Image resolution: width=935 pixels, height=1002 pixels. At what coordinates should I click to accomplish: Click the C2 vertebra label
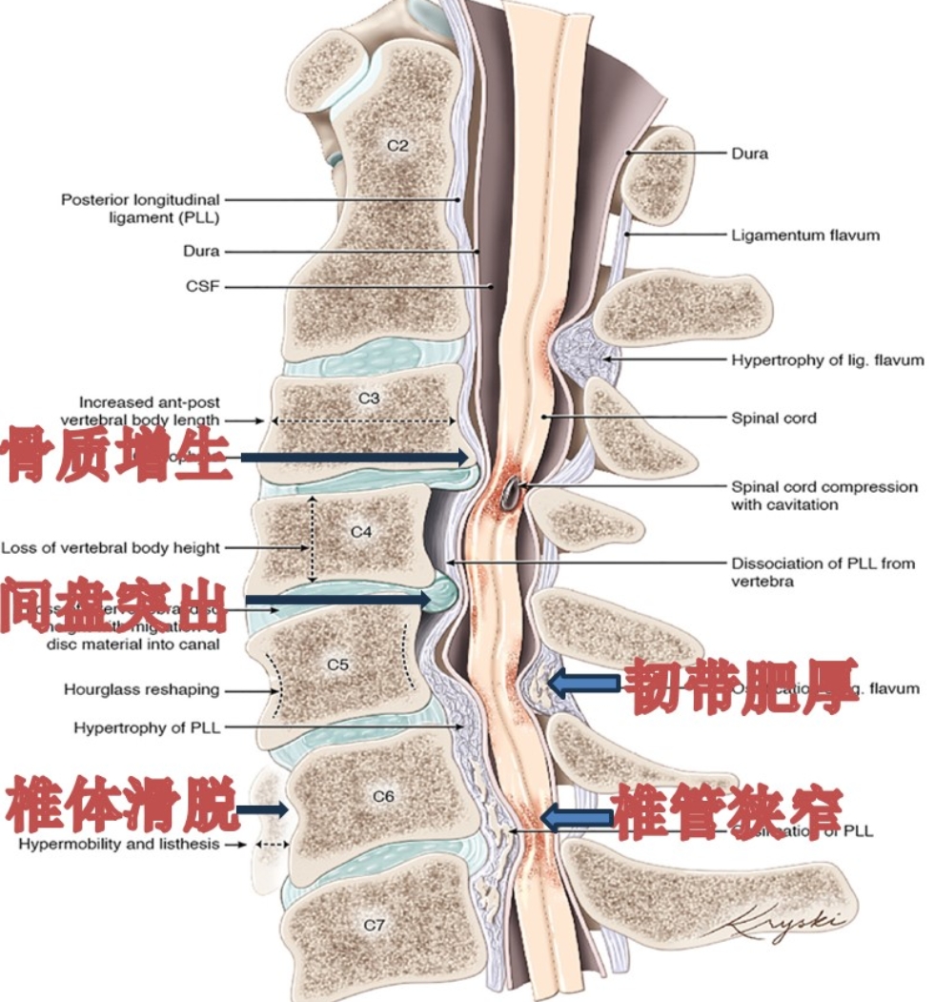point(397,146)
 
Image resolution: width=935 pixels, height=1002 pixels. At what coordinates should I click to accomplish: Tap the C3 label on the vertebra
point(368,399)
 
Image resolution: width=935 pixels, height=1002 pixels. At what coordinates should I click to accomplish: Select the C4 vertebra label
point(360,532)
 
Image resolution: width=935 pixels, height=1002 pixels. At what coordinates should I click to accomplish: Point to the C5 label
point(337,665)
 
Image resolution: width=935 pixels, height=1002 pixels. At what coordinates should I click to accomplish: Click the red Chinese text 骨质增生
point(118,456)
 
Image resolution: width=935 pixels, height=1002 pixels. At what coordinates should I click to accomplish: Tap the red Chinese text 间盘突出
point(114,603)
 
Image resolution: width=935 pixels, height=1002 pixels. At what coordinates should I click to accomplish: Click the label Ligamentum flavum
point(805,235)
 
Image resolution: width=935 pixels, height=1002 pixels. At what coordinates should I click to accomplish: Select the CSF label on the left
point(203,285)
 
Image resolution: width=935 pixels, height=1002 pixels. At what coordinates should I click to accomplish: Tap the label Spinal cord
point(774,418)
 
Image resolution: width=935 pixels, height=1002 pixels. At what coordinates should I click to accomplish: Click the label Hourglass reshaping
point(141,688)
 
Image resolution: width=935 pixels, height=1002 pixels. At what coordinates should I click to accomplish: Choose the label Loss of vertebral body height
point(111,548)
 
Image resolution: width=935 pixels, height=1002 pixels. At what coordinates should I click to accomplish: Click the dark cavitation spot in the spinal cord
point(512,491)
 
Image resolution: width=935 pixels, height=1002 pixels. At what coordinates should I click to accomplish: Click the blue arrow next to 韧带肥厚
point(582,683)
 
